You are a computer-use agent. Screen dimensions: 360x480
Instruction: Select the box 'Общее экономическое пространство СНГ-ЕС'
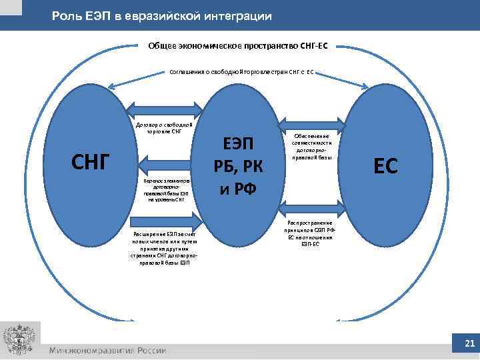click(238, 47)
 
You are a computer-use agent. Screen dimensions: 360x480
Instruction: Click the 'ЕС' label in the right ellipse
click(385, 166)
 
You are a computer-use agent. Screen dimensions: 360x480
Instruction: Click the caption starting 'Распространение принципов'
click(311, 233)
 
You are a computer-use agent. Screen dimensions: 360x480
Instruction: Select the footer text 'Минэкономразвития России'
click(107, 351)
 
